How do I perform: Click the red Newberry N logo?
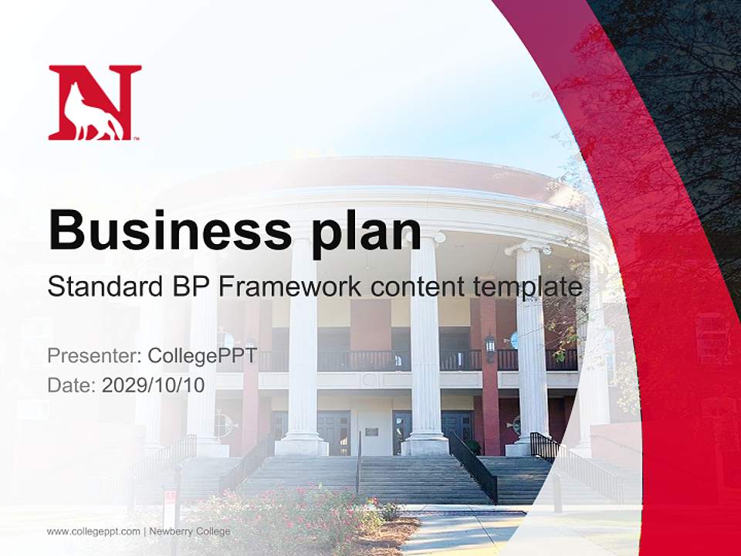[94, 102]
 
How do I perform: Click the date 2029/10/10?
[154, 385]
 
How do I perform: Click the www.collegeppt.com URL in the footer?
[93, 531]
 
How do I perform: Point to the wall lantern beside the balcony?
[489, 345]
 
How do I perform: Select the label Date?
[71, 385]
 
